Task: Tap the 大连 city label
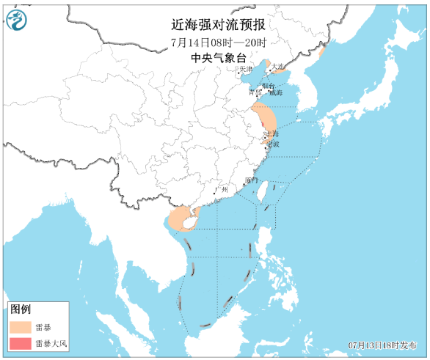pos(277,67)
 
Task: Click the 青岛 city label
pos(255,93)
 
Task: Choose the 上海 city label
pos(272,134)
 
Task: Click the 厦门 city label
pos(252,180)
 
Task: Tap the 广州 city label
pos(222,190)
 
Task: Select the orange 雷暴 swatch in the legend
pos(19,326)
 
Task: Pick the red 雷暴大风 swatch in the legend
pos(19,343)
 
